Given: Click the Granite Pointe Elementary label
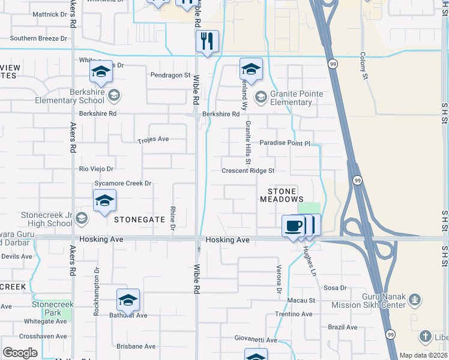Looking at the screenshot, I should [x=288, y=98].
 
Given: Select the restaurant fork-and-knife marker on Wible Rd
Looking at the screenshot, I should [x=207, y=42].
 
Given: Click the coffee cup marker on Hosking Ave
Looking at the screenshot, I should [x=293, y=226].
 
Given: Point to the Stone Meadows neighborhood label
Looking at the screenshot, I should [x=282, y=194].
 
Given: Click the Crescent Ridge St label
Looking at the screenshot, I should [x=248, y=171].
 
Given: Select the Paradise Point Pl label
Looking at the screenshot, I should [x=285, y=143].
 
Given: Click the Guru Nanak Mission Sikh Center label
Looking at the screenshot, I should [x=391, y=301].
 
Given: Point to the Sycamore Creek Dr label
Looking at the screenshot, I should [x=122, y=183].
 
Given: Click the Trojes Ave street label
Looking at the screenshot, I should [x=153, y=139].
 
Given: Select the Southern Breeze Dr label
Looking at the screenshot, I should [x=38, y=38].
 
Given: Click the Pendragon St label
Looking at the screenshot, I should [x=170, y=76].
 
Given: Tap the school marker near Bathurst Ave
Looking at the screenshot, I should [x=128, y=301].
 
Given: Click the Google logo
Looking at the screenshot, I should [x=20, y=353].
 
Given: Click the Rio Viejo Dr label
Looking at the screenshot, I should [x=97, y=169].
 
